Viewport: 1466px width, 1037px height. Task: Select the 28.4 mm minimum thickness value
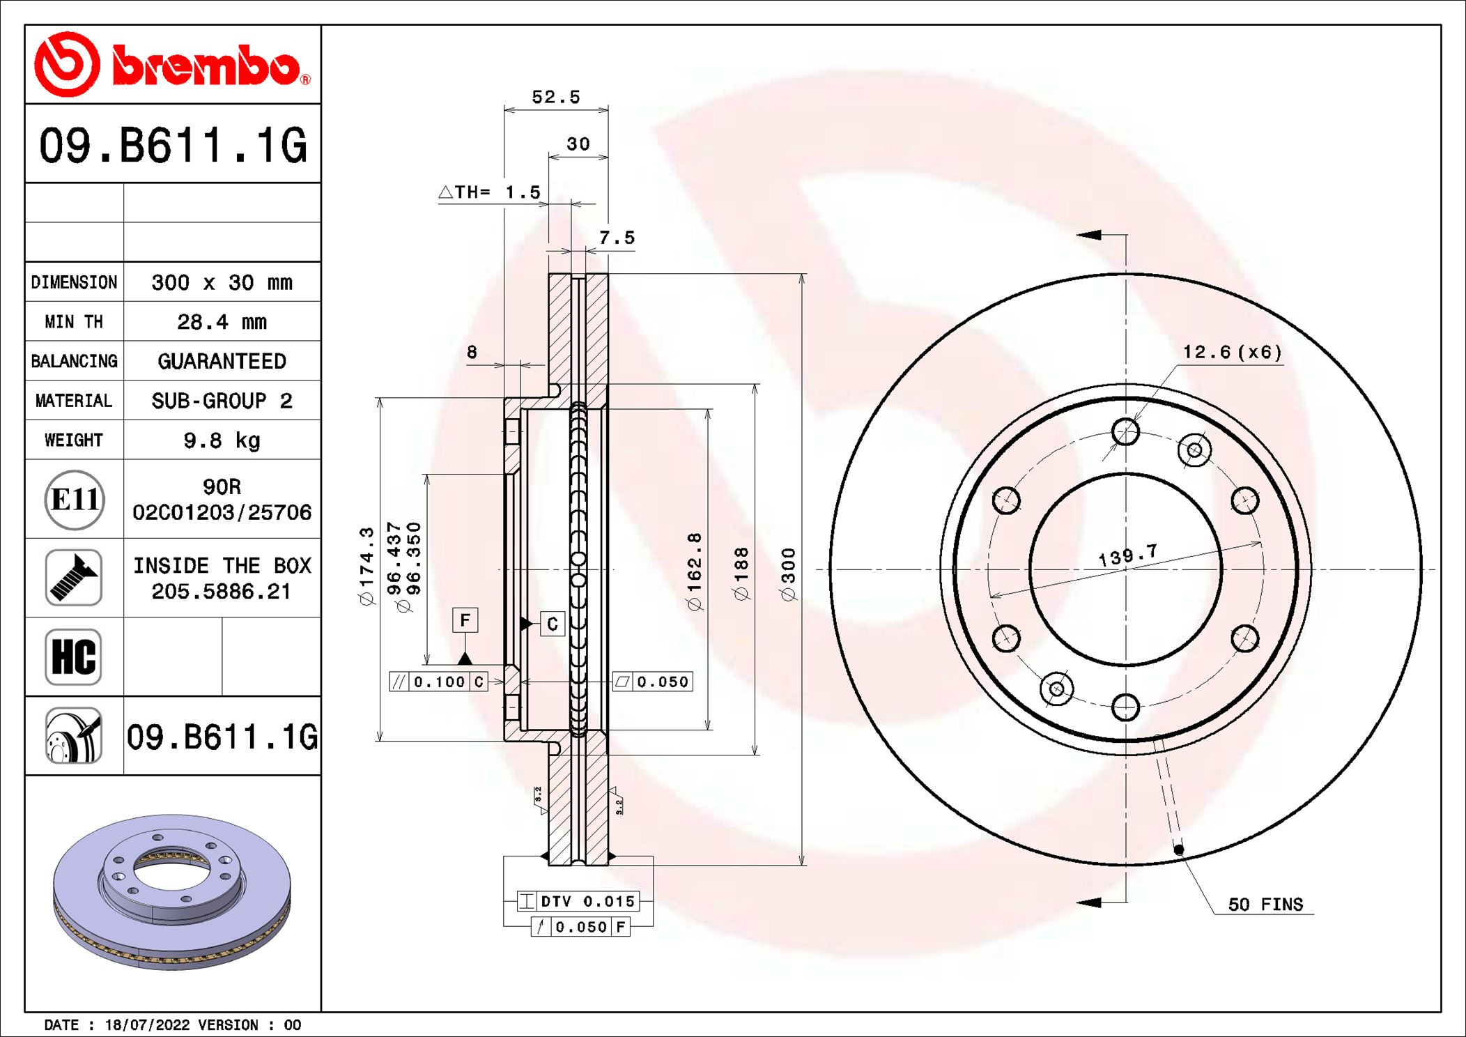(222, 322)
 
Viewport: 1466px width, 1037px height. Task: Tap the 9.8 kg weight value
(222, 440)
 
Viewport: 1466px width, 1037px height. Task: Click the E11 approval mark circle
(75, 500)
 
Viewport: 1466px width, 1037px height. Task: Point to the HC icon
(73, 656)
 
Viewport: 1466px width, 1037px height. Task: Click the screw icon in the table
(73, 578)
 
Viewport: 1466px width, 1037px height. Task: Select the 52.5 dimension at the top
(555, 98)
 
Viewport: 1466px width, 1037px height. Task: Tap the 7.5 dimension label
(617, 238)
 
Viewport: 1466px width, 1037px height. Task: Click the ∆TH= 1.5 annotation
(490, 192)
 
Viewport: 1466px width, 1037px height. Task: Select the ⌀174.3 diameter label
(366, 566)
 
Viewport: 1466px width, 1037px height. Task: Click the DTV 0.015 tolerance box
(578, 901)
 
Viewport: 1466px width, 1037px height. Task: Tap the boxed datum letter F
(465, 620)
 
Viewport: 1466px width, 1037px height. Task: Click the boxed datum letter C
(552, 624)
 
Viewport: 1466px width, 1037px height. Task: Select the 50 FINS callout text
(1265, 905)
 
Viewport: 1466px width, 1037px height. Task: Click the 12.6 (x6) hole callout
(1232, 353)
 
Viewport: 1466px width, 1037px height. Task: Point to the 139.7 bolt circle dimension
(1127, 555)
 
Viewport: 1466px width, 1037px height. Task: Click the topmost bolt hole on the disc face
(1125, 432)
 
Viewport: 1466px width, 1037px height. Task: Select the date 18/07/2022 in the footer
(147, 1025)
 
